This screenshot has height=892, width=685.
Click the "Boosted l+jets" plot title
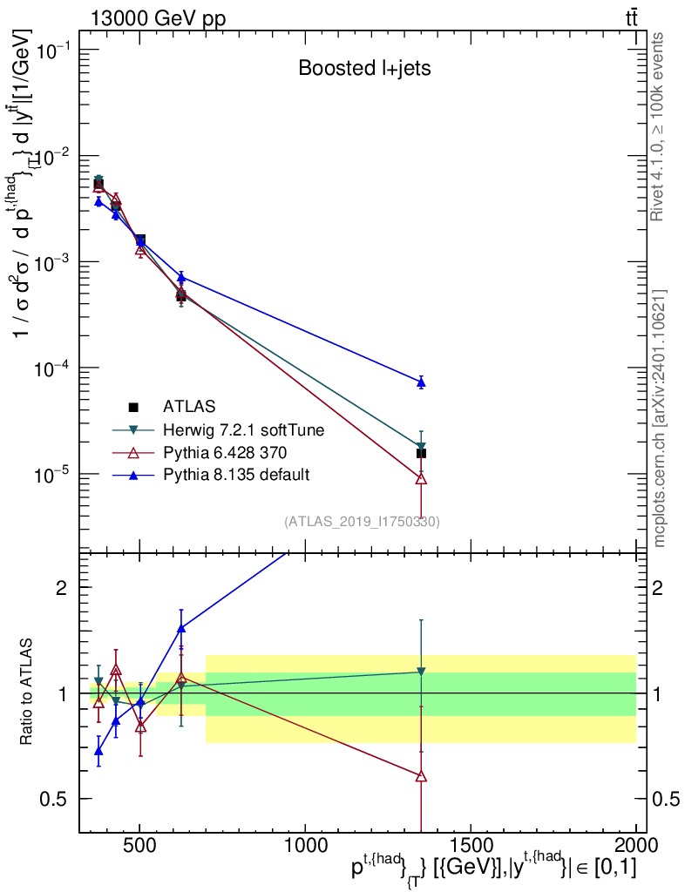364,68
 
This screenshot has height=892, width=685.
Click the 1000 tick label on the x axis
305,845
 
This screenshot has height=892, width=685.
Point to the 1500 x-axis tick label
471,845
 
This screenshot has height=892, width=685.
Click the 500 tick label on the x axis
140,845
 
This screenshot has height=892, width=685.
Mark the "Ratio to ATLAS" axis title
25,692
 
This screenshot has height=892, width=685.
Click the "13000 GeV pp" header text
158,18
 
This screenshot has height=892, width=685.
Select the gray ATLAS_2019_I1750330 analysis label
362,521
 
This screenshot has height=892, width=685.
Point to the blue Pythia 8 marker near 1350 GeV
421,382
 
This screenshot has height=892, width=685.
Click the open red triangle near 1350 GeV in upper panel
421,478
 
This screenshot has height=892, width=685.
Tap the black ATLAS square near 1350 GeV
421,453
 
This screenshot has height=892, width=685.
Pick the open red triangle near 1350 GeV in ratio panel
421,776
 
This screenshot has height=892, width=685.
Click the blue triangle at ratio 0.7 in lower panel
98,752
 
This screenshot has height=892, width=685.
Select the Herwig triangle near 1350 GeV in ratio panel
421,672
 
